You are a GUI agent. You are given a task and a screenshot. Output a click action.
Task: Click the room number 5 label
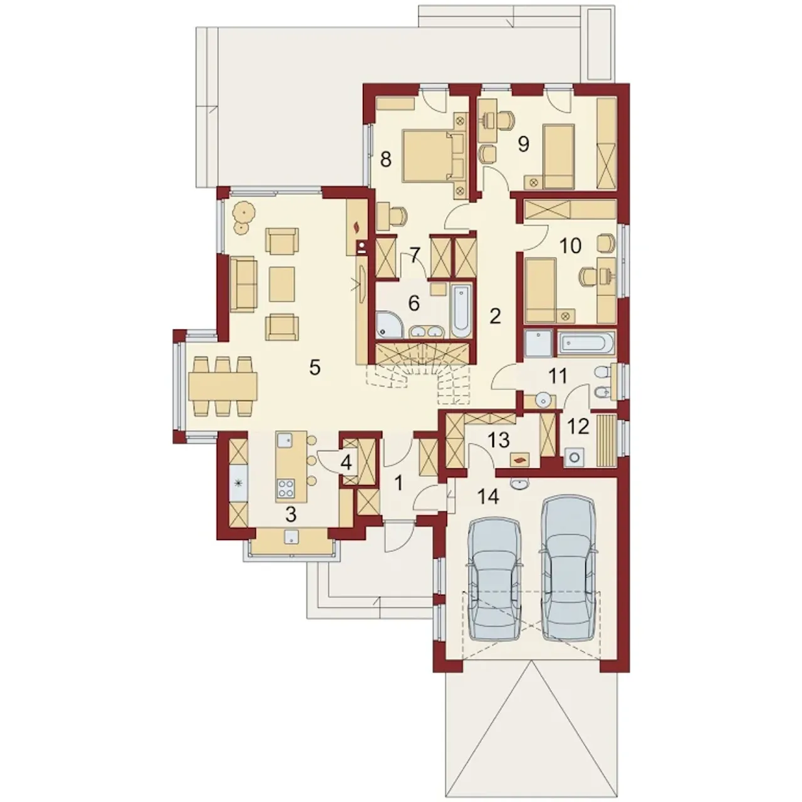pos(315,368)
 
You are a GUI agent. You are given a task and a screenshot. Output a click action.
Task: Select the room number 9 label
pos(523,144)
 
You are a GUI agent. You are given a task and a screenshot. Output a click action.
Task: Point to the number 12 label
pos(578,427)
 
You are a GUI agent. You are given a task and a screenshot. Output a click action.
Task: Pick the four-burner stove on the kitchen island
pos(286,489)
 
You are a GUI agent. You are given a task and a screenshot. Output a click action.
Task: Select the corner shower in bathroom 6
pos(390,324)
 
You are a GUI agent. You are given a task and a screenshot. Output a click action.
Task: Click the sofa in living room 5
pos(244,284)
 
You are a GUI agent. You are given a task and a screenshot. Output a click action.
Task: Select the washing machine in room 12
pos(575,457)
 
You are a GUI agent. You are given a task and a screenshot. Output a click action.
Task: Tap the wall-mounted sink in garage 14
pos(519,483)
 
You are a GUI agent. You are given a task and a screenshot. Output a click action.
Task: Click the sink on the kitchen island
pos(286,440)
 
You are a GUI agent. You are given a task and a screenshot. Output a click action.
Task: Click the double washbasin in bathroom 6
pos(427,332)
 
